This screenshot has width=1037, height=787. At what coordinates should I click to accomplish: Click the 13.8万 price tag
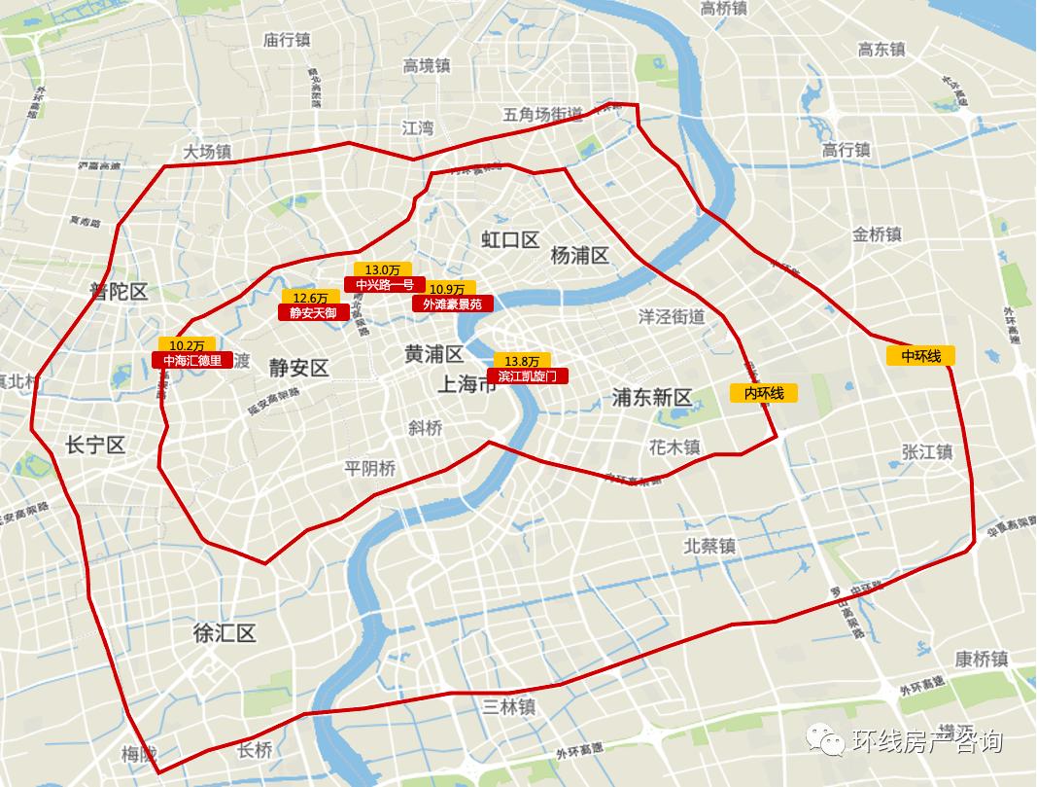tap(521, 360)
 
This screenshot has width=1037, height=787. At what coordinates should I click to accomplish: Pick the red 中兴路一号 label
tap(384, 285)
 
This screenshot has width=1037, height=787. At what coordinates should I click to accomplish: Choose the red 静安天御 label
tap(313, 313)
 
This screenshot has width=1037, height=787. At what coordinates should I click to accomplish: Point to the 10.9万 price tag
tap(447, 289)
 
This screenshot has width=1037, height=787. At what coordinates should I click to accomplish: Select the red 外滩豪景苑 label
tap(452, 304)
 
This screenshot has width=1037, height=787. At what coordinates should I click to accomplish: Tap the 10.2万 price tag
tap(187, 344)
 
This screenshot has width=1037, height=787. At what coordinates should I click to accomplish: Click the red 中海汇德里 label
tap(191, 360)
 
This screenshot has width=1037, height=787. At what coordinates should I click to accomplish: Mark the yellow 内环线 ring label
tap(764, 393)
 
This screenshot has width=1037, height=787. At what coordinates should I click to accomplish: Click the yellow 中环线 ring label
tap(921, 356)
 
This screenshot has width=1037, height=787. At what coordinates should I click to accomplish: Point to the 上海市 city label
tap(466, 384)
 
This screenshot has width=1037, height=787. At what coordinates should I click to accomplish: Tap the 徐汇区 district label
tap(225, 634)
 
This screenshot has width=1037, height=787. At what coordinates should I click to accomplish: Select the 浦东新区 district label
tap(651, 397)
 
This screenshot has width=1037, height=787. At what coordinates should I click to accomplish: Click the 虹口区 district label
tap(510, 239)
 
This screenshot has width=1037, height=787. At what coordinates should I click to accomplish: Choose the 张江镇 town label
tap(927, 452)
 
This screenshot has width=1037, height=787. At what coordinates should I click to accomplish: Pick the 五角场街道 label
tap(542, 115)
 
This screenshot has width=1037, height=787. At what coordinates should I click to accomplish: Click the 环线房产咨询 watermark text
tap(926, 742)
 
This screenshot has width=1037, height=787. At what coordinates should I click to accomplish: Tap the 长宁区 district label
tap(95, 446)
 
